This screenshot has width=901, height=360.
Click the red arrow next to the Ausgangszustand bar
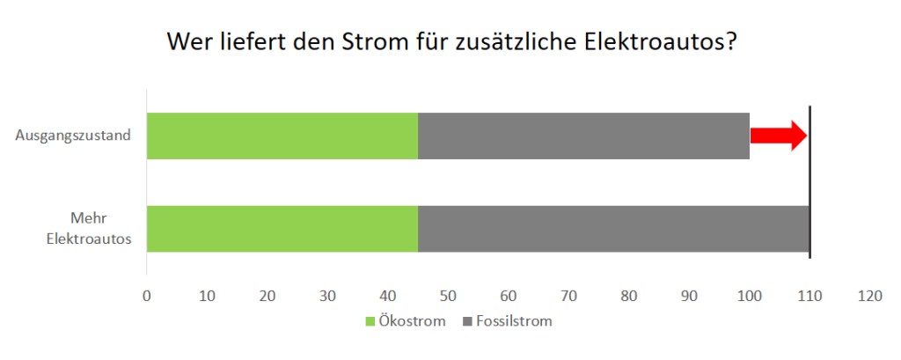[779, 135]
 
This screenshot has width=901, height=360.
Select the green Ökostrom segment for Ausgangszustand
[282, 136]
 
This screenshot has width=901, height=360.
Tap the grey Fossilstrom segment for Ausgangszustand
[583, 136]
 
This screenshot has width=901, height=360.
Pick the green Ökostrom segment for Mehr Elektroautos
[282, 229]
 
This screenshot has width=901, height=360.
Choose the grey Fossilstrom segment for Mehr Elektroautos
[613, 229]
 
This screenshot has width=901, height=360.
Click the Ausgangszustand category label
[73, 136]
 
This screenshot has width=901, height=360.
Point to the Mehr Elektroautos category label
[89, 228]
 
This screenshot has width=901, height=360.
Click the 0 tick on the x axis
[147, 297]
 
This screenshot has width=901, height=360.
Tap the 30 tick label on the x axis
[327, 297]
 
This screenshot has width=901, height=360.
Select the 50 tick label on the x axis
[448, 297]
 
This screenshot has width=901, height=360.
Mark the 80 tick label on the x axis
[628, 297]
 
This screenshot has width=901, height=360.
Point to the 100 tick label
[749, 297]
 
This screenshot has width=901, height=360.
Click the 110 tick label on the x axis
[809, 297]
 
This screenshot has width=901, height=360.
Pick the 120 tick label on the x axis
[869, 297]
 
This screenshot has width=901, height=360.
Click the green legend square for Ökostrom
[370, 321]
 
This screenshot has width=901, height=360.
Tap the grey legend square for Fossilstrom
[466, 321]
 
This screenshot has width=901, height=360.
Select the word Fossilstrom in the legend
[514, 321]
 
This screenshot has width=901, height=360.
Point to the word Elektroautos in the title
[660, 42]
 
